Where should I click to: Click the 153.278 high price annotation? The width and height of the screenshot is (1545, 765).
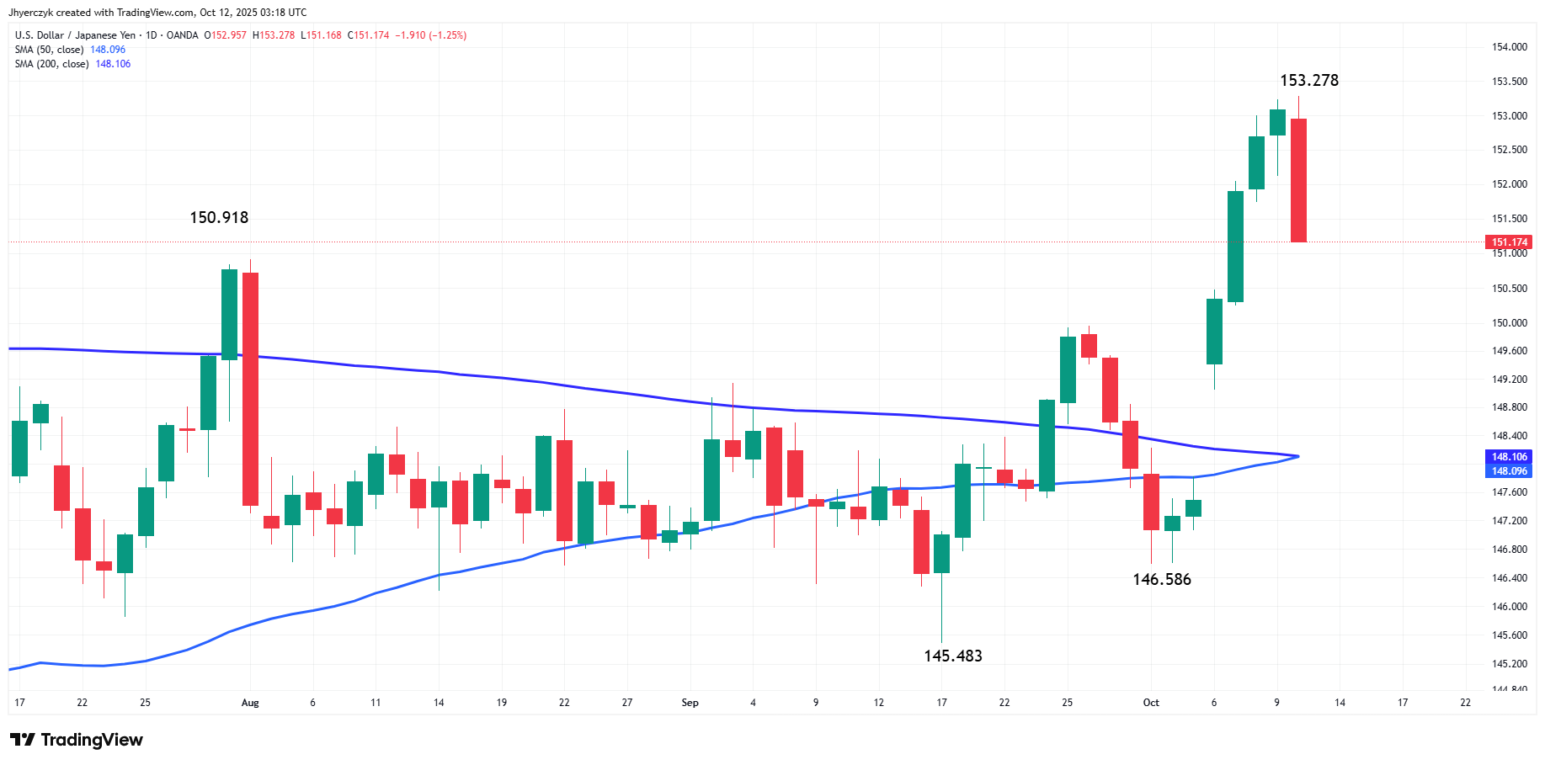pos(1308,81)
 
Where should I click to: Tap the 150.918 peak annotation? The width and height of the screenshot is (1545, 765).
pos(219,218)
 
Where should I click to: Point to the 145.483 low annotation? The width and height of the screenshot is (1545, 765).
pos(952,656)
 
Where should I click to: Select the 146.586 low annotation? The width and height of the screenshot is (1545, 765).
pos(1162,580)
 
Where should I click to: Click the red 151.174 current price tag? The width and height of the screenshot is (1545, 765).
pos(1510,242)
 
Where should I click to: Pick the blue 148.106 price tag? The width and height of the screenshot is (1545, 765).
pos(1510,457)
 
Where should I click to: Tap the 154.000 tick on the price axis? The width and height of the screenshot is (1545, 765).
pos(1510,47)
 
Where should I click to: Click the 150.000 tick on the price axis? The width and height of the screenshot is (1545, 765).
pos(1510,323)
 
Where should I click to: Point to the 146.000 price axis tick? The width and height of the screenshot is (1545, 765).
pos(1510,607)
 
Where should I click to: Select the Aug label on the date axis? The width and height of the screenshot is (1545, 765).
pos(250,703)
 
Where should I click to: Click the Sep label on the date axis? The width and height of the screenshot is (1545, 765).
pos(690,703)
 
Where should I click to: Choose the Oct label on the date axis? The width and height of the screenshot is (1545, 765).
pos(1151,703)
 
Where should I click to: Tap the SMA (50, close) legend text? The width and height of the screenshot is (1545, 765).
pos(50,50)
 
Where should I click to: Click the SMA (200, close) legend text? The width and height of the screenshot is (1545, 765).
pos(52,64)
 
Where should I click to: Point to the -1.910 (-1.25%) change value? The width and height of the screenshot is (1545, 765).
pos(431,35)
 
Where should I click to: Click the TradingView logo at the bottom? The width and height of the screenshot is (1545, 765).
pos(77,740)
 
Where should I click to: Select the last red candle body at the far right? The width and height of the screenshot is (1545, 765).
pos(1298,180)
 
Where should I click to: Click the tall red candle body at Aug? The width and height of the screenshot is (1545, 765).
pos(250,389)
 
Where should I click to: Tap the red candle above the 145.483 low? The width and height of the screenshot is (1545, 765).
pos(921,542)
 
